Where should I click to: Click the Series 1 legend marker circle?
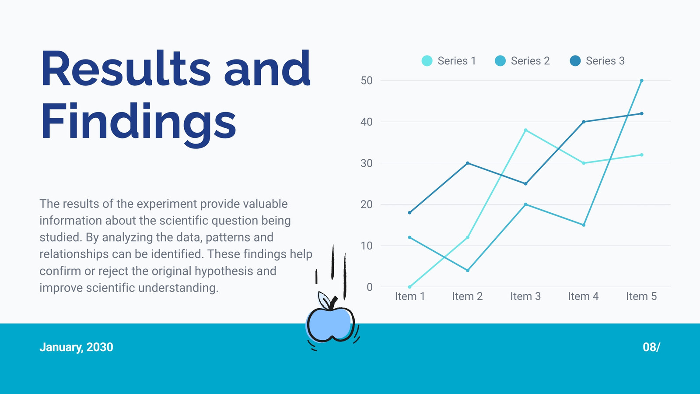[427, 61]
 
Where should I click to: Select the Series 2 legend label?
[530, 61]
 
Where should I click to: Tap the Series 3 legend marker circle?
[575, 61]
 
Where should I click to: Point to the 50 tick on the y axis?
[367, 81]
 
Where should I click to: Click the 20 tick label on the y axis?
[367, 204]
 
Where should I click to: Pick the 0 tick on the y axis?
[370, 287]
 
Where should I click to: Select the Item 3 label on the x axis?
[525, 296]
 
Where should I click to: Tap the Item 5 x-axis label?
[641, 296]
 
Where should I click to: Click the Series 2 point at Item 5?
[641, 81]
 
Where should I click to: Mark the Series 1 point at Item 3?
[525, 130]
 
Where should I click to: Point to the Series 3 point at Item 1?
[409, 213]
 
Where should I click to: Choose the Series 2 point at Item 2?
[468, 271]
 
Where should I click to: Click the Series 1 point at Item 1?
[409, 287]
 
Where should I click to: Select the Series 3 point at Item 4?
[584, 122]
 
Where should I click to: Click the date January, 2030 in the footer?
[76, 347]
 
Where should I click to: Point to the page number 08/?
[651, 347]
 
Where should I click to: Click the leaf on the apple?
[324, 300]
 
